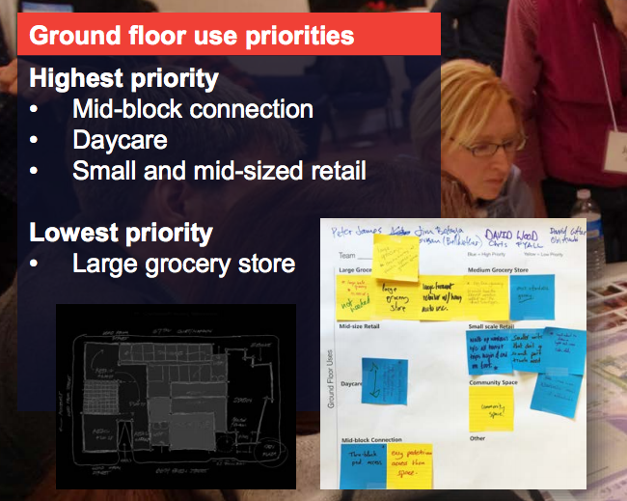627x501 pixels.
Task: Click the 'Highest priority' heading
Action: point(123,78)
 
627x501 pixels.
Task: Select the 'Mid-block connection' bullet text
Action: point(192,109)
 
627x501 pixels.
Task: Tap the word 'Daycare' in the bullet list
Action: point(120,140)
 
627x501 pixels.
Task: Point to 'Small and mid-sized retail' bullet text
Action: point(219,171)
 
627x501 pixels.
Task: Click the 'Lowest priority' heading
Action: point(121,233)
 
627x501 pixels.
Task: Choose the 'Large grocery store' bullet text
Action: point(183,263)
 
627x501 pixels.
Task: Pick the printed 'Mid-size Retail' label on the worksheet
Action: point(360,327)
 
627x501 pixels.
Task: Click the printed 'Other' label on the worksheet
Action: point(477,437)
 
